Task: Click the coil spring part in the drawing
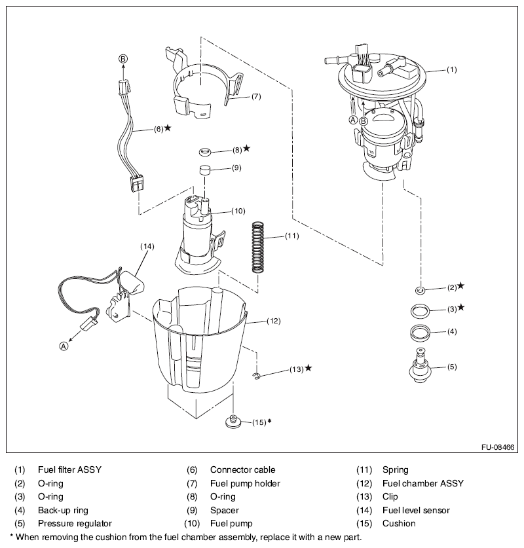[259, 247]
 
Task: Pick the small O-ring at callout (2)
[421, 288]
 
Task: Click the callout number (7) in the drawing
[256, 96]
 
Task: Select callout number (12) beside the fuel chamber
[274, 321]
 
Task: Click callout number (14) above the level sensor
[147, 246]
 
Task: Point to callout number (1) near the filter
[452, 69]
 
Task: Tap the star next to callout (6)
[168, 128]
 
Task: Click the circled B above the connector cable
[122, 59]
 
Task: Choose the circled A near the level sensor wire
[64, 346]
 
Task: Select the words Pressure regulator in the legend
[75, 523]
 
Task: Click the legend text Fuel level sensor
[416, 510]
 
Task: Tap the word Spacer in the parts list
[224, 510]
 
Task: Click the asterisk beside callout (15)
[269, 421]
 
